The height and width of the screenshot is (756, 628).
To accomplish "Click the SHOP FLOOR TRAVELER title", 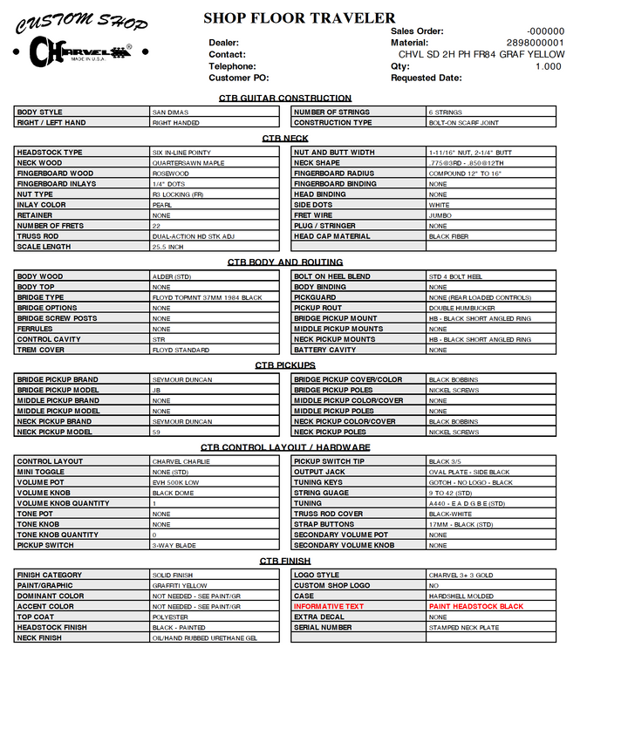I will [x=299, y=17].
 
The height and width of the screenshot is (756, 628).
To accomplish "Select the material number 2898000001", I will [x=535, y=43].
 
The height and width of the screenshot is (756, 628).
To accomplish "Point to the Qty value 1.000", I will [x=548, y=66].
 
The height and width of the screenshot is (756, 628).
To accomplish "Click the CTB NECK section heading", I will [x=285, y=139].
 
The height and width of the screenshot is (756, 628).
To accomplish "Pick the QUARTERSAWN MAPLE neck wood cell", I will [x=188, y=163].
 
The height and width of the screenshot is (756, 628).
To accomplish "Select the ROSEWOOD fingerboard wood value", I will [x=171, y=174].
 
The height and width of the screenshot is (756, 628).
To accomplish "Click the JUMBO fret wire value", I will [x=440, y=215].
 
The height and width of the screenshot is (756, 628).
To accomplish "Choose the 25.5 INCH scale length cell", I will [x=168, y=247].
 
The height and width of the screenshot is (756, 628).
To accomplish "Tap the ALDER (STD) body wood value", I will [x=172, y=276].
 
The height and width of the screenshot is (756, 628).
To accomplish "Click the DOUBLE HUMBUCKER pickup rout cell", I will [x=461, y=308].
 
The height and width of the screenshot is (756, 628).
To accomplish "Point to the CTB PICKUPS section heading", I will [x=285, y=365].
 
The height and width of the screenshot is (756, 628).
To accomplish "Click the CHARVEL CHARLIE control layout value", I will [x=181, y=461].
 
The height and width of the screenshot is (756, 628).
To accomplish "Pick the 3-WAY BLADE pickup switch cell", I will [x=174, y=545].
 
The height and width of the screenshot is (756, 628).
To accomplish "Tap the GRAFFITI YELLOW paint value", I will [x=180, y=585].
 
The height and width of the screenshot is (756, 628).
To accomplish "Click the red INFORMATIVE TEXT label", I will [x=329, y=606].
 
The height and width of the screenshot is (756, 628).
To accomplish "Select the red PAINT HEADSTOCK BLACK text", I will [x=476, y=606].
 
